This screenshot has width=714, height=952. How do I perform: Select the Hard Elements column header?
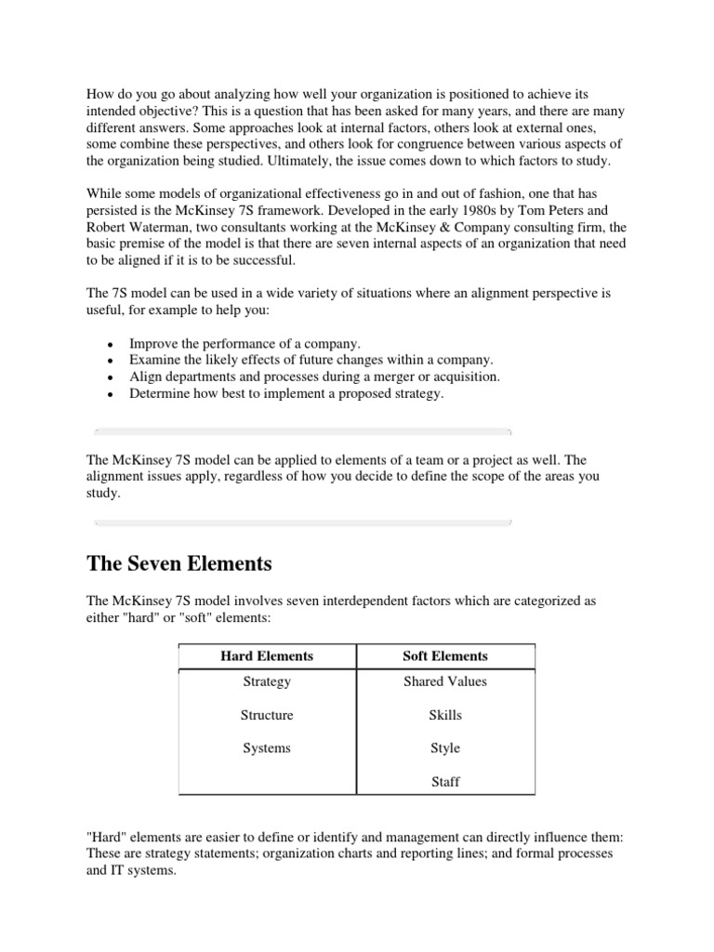coord(267,655)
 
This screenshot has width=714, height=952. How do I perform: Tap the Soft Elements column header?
coord(445,655)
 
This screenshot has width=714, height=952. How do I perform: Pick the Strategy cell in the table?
coord(267,681)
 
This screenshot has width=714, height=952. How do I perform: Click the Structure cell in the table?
coord(267,715)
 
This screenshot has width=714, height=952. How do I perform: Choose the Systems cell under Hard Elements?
coord(267,748)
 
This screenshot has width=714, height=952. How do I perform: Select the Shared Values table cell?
coord(445,681)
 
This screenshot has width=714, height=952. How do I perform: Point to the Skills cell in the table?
coord(445,715)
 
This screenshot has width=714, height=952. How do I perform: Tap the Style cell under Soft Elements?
coord(445,748)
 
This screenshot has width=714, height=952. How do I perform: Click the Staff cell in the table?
coord(445,782)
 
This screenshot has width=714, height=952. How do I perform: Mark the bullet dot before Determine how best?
coord(110,395)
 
